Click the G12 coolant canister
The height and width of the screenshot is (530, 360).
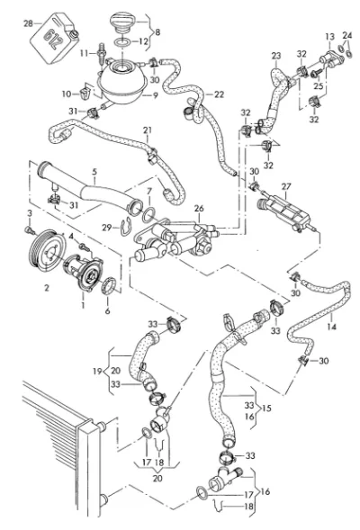point(56,37)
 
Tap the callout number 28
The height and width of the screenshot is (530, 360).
point(29,23)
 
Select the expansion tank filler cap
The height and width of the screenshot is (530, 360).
point(123,23)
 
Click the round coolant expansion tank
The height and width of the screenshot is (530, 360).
point(122,81)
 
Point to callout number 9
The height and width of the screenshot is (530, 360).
point(155,95)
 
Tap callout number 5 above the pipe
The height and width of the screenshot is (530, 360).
point(94,171)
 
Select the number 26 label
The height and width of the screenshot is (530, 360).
point(199,208)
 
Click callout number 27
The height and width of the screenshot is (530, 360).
point(286,186)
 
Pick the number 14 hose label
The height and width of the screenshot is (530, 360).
point(331,327)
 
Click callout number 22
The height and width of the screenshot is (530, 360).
point(220,94)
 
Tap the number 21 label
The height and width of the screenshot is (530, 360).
point(148,130)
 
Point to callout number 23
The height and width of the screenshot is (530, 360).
point(276,56)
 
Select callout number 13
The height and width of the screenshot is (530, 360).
point(330,37)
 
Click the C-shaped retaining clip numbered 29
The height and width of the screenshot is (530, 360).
point(125,228)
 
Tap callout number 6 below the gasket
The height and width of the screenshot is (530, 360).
point(107,310)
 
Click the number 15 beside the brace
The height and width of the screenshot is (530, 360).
point(266,408)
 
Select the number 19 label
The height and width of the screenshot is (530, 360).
point(97,371)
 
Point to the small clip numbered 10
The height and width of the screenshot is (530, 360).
point(85,93)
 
